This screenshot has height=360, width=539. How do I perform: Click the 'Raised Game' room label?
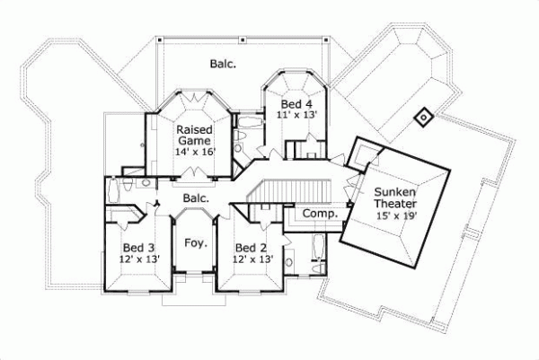click(193, 136)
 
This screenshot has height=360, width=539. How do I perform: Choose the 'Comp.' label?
click(319, 215)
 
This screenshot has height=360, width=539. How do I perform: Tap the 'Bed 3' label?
click(139, 247)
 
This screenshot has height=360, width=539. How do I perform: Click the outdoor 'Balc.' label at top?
click(223, 63)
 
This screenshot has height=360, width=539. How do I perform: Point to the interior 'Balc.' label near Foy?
click(196, 198)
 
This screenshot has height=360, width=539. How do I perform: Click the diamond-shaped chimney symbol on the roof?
click(421, 116)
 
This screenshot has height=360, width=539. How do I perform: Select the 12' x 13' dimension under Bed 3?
click(139, 260)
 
